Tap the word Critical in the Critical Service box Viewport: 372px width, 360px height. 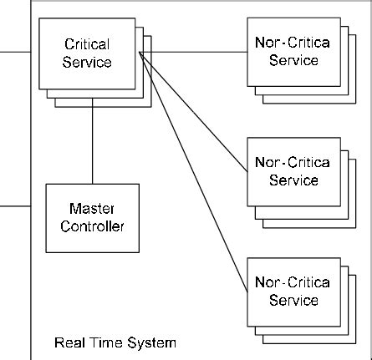[x=87, y=43]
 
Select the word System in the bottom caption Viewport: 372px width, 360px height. [x=151, y=342]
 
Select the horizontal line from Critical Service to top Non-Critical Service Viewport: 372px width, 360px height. [x=192, y=52]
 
